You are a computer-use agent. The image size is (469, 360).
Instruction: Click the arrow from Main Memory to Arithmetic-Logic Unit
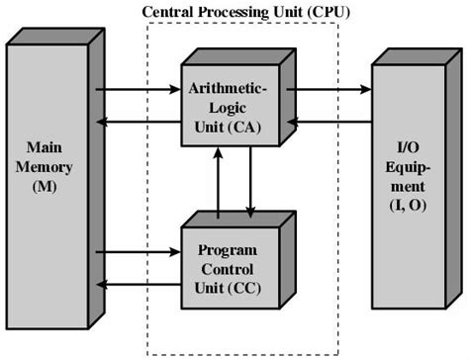(x=138, y=90)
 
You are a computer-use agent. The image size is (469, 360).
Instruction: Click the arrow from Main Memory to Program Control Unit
(x=138, y=251)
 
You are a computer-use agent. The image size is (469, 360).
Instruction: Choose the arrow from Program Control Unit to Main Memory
(x=138, y=284)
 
